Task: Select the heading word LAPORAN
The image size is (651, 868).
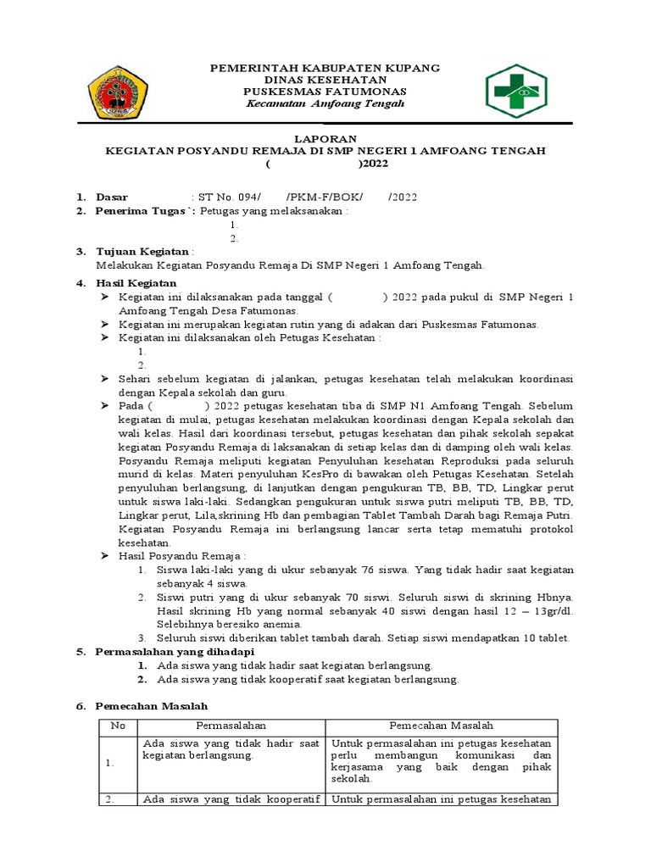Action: [x=325, y=138]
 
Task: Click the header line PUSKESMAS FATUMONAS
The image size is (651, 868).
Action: [x=325, y=91]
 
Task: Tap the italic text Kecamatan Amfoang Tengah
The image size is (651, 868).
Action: [x=325, y=103]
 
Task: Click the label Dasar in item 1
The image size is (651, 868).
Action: [x=116, y=198]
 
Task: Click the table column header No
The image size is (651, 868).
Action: [x=118, y=726]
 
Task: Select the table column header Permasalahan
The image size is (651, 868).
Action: [x=231, y=726]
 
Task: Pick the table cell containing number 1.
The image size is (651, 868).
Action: [x=110, y=763]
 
